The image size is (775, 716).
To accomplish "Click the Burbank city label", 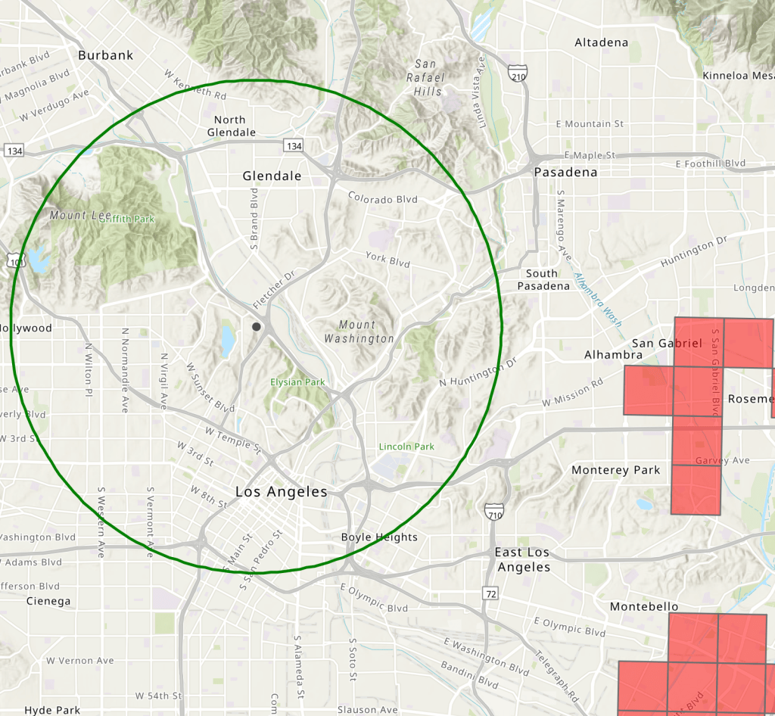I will click(x=105, y=55).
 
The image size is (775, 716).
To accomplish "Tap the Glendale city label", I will click(x=272, y=176).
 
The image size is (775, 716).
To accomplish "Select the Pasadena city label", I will click(x=565, y=172).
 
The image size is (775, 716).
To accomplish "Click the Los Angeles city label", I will click(x=282, y=491).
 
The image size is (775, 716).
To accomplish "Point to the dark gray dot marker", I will click(x=257, y=326).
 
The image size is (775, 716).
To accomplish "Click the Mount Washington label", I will click(x=359, y=332).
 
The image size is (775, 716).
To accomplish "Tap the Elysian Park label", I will click(x=298, y=382).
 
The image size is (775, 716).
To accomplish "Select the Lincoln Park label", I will click(x=406, y=447).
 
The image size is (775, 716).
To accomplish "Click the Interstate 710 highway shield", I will click(x=495, y=512).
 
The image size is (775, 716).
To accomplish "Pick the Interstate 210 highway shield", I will click(x=517, y=74).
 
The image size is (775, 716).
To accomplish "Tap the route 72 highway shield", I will click(x=492, y=594).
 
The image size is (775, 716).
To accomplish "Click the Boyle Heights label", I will click(x=379, y=537).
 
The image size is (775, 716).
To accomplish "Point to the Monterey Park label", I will click(x=615, y=470).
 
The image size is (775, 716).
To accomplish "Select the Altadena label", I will click(x=601, y=42).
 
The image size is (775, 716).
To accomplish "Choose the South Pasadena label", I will click(x=543, y=279).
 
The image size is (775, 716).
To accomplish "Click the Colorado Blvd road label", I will click(x=383, y=198).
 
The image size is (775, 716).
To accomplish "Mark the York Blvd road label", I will click(x=387, y=260).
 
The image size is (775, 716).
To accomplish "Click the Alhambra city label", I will click(x=613, y=354).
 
